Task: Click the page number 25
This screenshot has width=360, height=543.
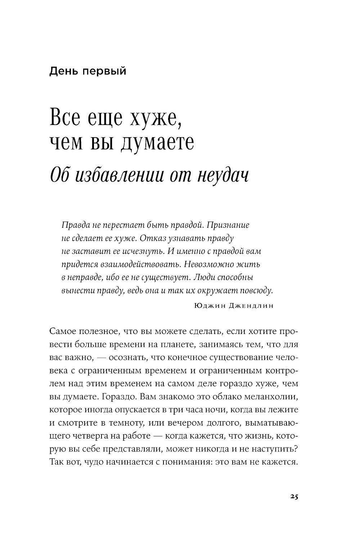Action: [293, 496]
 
